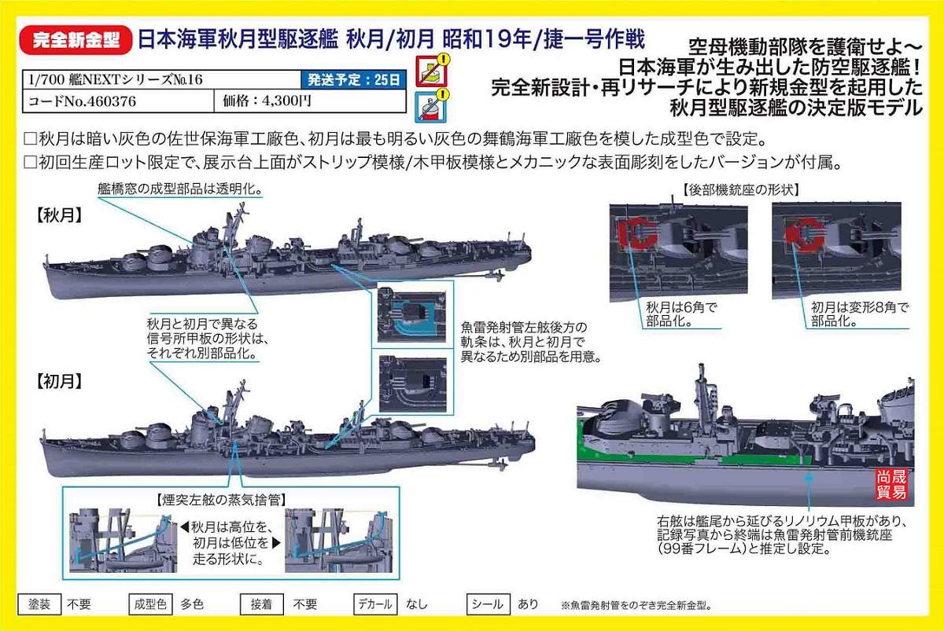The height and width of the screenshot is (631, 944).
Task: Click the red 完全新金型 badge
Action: pyautogui.click(x=76, y=40)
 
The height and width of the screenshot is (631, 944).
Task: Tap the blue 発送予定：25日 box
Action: pyautogui.click(x=353, y=79)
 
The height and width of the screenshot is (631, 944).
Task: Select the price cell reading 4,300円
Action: pyautogui.click(x=310, y=101)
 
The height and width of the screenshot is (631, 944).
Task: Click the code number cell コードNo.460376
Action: pyautogui.click(x=118, y=101)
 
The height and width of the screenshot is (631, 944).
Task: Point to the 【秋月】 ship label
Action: pyautogui.click(x=58, y=215)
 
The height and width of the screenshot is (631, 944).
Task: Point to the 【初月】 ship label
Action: pyautogui.click(x=58, y=381)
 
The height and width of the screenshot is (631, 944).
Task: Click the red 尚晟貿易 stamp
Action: pyautogui.click(x=891, y=484)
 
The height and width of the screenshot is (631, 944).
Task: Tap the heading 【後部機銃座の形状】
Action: pyautogui.click(x=741, y=190)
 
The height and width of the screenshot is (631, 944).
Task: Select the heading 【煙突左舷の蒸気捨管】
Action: pyautogui.click(x=221, y=500)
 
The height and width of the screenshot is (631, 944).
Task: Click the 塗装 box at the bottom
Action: pyautogui.click(x=39, y=604)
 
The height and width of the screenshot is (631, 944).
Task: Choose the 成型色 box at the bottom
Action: pyautogui.click(x=150, y=604)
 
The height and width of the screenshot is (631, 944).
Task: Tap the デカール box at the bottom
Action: pyautogui.click(x=374, y=604)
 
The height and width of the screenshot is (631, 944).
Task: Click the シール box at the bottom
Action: pyautogui.click(x=488, y=604)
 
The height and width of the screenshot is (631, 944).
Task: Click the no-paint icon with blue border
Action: pyautogui.click(x=432, y=105)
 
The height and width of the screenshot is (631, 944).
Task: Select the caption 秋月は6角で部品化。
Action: pyautogui.click(x=681, y=314)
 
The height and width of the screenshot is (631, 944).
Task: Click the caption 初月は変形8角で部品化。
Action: pyautogui.click(x=860, y=314)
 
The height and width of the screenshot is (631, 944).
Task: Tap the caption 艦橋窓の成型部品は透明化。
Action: pyautogui.click(x=180, y=189)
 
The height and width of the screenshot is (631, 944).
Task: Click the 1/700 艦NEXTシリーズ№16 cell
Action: pyautogui.click(x=161, y=79)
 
